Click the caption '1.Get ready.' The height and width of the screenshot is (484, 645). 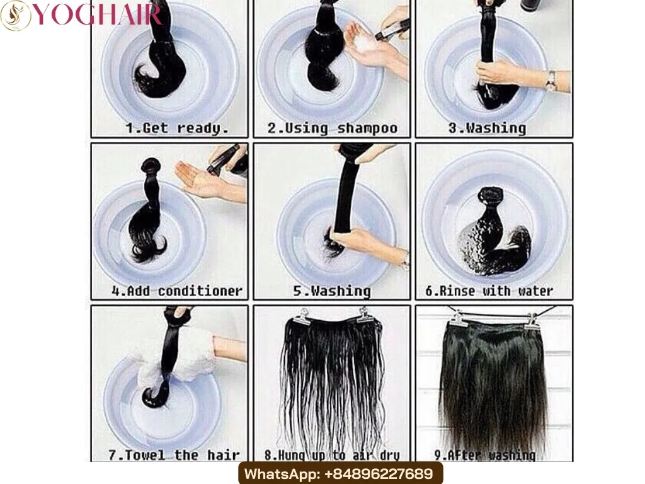click(x=176, y=129)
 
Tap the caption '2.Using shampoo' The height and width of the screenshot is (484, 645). click(x=332, y=129)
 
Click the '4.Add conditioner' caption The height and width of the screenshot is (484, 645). click(x=176, y=291)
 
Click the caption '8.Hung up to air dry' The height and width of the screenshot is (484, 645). click(x=332, y=454)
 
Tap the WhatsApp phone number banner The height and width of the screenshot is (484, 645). click(x=340, y=473)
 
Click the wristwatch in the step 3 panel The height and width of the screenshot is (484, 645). click(x=551, y=80)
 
